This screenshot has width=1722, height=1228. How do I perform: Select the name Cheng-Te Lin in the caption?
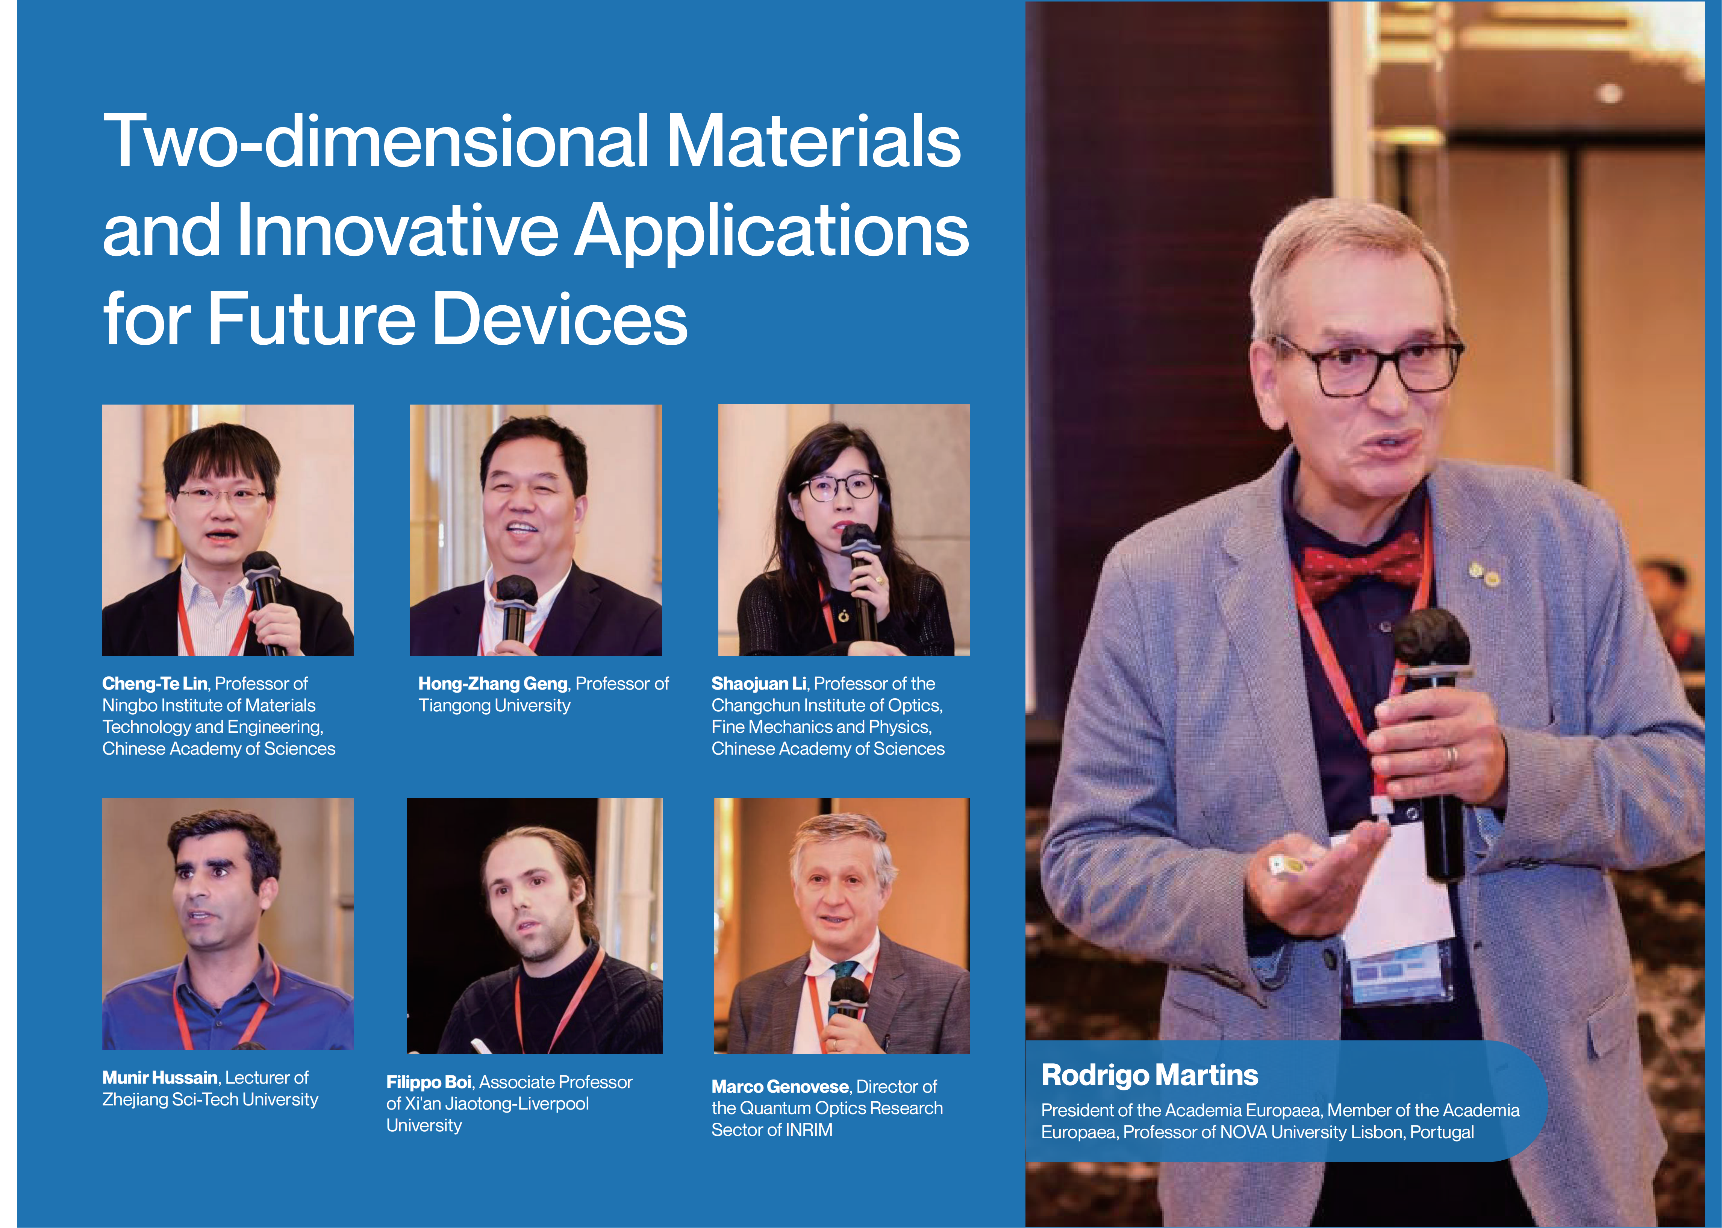[x=154, y=684]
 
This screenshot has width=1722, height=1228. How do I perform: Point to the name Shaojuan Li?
[x=758, y=684]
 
